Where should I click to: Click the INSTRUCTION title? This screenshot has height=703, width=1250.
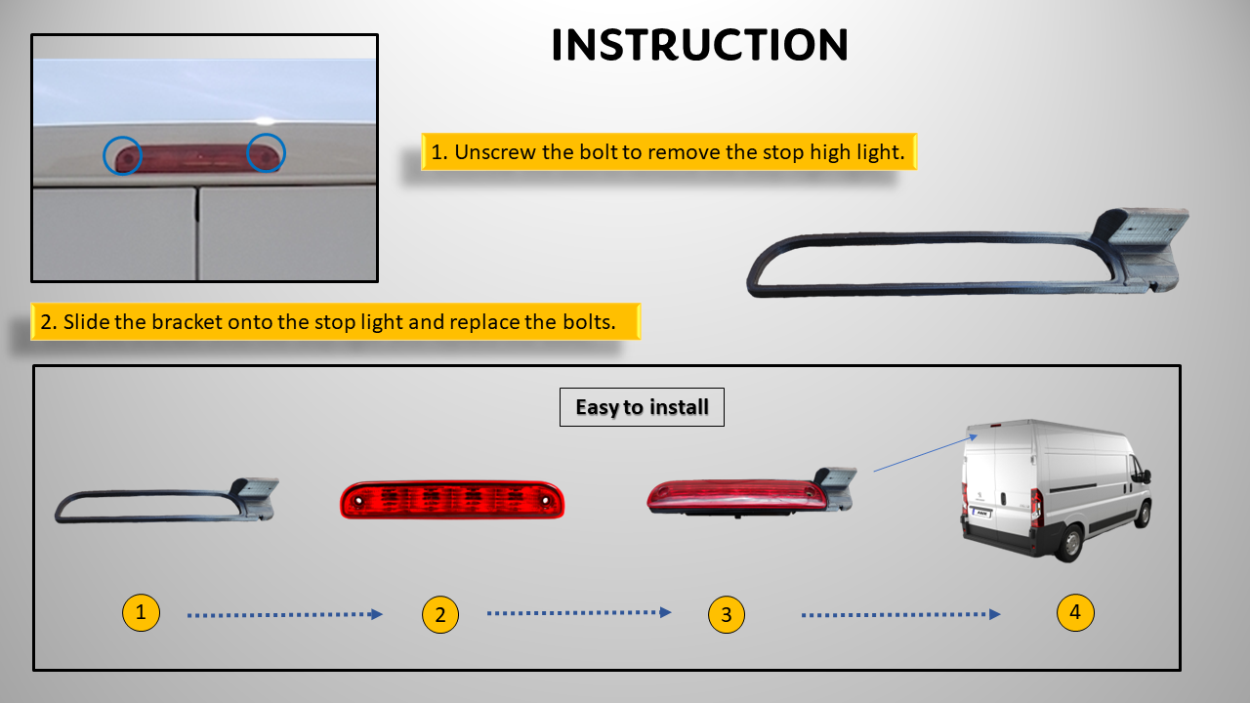coord(699,45)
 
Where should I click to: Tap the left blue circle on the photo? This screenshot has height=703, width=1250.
coord(123,154)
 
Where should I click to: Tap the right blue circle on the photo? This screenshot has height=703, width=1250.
coord(266,153)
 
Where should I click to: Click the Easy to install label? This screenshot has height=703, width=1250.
coord(642,407)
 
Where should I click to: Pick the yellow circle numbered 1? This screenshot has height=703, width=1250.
coord(141,613)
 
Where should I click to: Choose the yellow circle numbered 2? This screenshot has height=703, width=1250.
coord(440,615)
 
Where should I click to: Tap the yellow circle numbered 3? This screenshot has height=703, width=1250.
coord(726,615)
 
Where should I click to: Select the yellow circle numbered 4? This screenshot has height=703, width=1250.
coord(1075,612)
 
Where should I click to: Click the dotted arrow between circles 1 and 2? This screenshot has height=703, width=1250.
coord(284,615)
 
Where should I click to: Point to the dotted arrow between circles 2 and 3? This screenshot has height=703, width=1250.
coord(579,613)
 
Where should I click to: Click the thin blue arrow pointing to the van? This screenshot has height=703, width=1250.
coord(924,454)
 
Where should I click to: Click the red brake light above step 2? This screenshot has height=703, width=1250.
coord(452,500)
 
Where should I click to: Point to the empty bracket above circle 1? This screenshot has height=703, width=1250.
coord(166,501)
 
